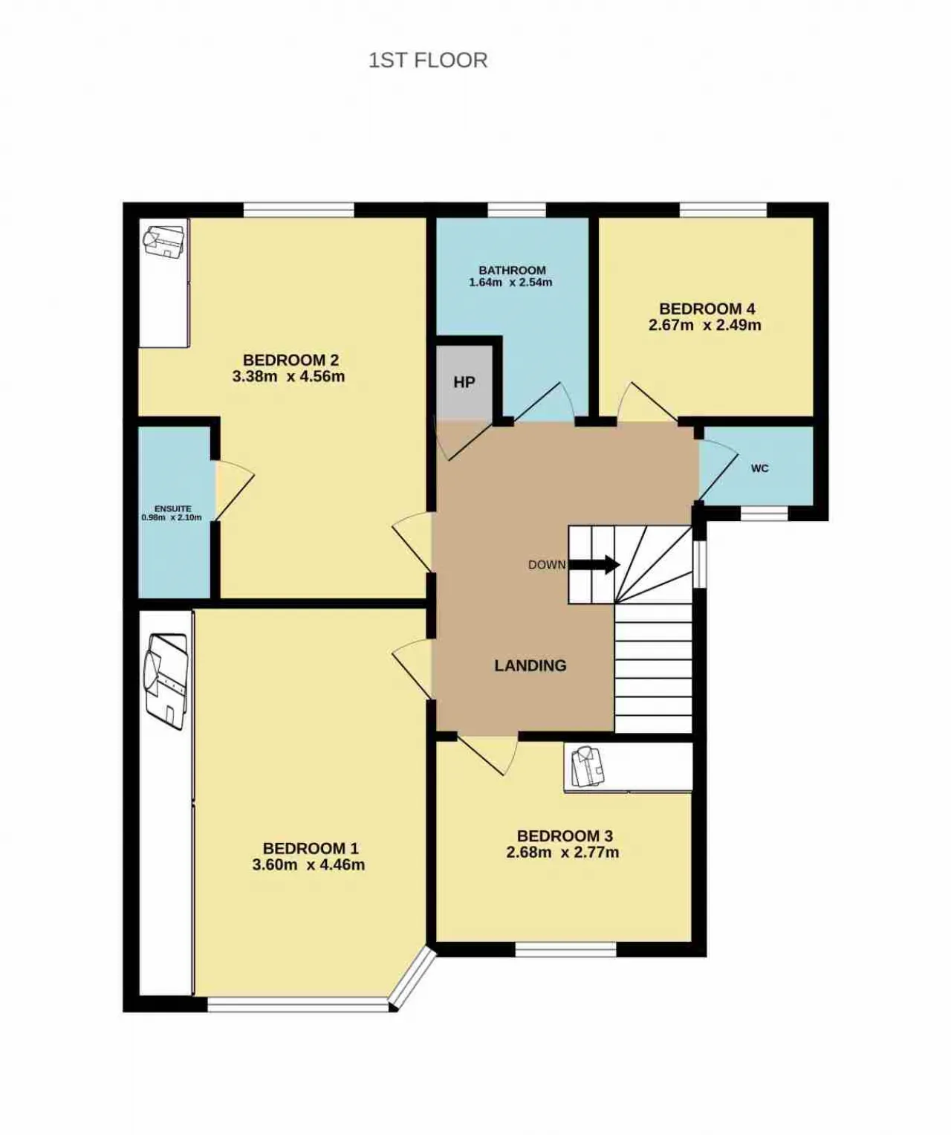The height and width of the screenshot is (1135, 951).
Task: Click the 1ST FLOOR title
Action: tap(428, 60)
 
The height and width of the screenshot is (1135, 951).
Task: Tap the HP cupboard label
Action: tap(464, 382)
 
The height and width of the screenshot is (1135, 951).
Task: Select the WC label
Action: tap(760, 468)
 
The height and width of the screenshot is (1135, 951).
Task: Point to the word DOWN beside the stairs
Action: tap(547, 565)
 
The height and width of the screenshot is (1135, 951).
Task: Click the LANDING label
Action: tap(530, 665)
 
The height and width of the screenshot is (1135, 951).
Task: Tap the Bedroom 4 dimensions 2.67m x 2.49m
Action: tap(705, 325)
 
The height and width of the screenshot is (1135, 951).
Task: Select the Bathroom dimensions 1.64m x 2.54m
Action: tap(511, 282)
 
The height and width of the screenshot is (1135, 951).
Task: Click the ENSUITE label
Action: tap(172, 509)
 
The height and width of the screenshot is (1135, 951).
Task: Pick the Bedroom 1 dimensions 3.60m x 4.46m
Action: tap(308, 864)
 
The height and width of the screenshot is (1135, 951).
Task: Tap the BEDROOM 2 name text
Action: tap(291, 360)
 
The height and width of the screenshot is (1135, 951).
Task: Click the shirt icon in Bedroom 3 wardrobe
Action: tap(585, 766)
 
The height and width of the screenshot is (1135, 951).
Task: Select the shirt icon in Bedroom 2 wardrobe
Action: tap(163, 241)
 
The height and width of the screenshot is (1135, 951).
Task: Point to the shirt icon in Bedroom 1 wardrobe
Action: tap(166, 680)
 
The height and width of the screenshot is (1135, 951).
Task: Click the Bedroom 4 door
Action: tap(647, 401)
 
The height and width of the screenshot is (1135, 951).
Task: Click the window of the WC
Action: tap(765, 513)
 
